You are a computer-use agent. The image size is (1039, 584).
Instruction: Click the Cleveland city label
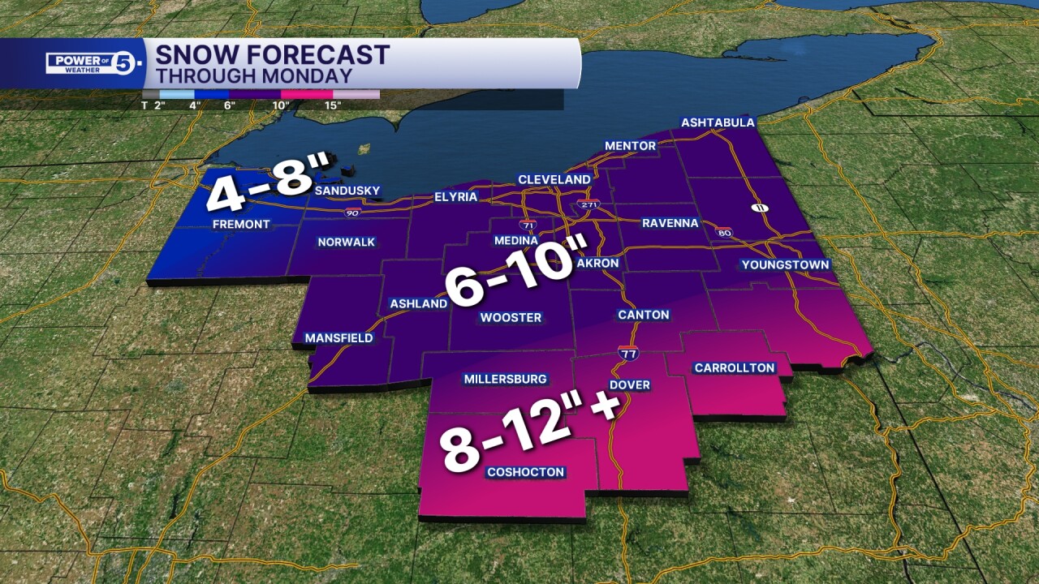[554, 179]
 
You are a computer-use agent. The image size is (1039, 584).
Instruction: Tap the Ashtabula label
[718, 123]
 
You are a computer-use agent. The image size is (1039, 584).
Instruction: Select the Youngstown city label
[785, 265]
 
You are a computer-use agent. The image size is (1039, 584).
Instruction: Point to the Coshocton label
[525, 472]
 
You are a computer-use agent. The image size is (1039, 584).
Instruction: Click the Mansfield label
[338, 337]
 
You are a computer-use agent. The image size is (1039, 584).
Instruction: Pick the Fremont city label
[241, 224]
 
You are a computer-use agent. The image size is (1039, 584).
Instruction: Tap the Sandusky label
[347, 191]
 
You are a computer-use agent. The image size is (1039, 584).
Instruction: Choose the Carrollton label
[735, 368]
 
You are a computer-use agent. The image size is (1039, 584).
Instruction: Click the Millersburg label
[505, 379]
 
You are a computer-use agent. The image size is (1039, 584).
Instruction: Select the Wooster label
[511, 317]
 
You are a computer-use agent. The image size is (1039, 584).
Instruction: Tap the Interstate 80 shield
[725, 233]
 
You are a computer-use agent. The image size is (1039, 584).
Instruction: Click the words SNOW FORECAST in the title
[272, 55]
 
